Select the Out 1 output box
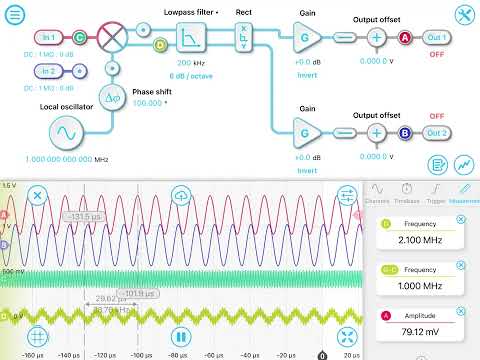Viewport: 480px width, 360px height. tap(436, 37)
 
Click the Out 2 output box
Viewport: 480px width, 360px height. tap(436, 131)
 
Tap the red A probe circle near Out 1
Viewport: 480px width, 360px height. tap(406, 37)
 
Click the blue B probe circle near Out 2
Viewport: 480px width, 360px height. tap(406, 131)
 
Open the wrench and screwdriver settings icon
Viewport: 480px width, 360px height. tap(462, 15)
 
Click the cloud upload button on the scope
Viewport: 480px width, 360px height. tap(181, 195)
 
